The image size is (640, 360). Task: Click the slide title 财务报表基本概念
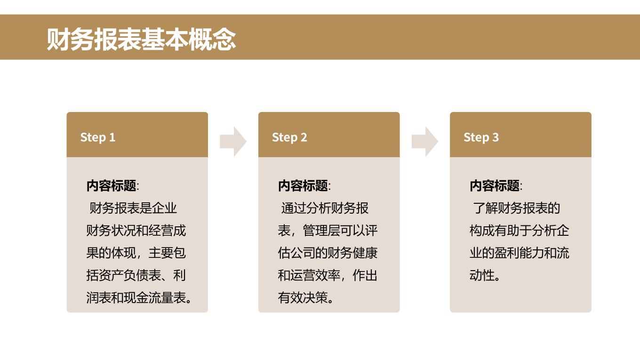click(141, 39)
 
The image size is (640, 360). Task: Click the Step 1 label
click(98, 137)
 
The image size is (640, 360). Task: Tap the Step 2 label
click(289, 137)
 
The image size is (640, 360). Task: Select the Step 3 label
click(481, 137)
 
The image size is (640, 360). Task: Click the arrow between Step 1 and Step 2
click(233, 142)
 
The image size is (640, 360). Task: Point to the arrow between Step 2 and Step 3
click(425, 142)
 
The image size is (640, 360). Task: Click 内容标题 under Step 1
click(112, 186)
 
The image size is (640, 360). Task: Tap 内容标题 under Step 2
click(303, 186)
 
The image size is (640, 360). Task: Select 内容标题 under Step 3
click(495, 186)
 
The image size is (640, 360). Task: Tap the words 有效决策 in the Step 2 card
click(303, 297)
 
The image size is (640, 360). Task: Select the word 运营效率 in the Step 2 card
click(315, 275)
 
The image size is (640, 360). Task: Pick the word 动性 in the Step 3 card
click(482, 275)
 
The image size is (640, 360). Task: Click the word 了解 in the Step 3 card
click(486, 208)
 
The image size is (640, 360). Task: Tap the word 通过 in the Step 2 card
click(294, 208)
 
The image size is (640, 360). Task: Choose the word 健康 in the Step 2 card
click(365, 253)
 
